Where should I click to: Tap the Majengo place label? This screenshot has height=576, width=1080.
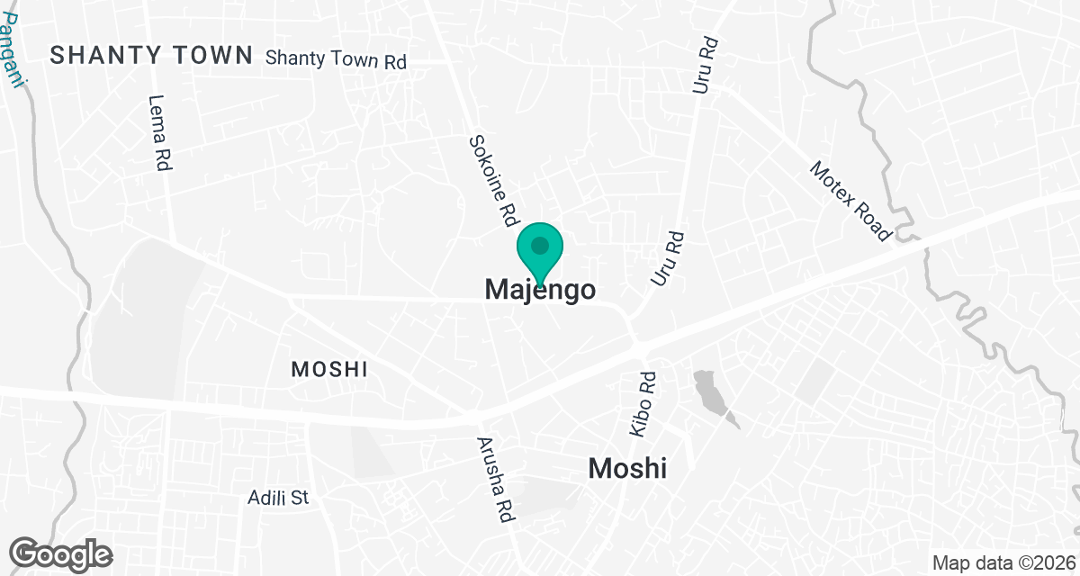click(x=540, y=290)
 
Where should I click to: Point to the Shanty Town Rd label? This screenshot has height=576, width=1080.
click(x=337, y=60)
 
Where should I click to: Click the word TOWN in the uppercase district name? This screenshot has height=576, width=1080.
click(x=212, y=56)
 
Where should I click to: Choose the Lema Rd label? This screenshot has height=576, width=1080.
click(x=160, y=133)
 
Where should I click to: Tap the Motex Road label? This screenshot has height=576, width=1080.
click(x=850, y=202)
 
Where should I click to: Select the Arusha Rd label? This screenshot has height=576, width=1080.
click(x=492, y=481)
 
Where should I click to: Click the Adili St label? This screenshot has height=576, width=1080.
click(x=279, y=497)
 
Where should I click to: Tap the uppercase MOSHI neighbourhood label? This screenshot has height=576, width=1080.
click(x=329, y=369)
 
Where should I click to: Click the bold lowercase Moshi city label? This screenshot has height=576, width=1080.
click(x=627, y=469)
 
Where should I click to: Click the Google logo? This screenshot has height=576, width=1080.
click(x=61, y=553)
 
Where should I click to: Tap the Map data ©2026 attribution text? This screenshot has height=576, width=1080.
click(x=1002, y=562)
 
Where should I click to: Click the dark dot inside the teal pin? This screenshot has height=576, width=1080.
click(x=540, y=245)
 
